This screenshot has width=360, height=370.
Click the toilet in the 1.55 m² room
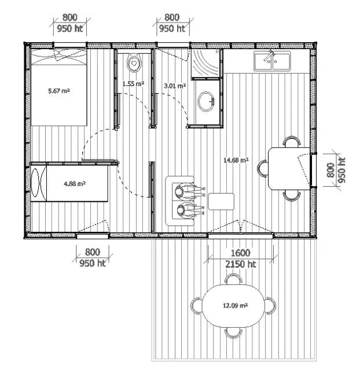pyautogui.click(x=134, y=62)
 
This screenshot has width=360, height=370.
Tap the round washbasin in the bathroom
pyautogui.click(x=205, y=102)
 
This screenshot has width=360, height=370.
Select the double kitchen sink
pyautogui.click(x=272, y=61)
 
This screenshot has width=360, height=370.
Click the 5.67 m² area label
pyautogui.click(x=59, y=91)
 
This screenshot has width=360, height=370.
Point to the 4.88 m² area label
pyautogui.click(x=75, y=183)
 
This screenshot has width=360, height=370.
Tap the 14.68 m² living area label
pyautogui.click(x=236, y=160)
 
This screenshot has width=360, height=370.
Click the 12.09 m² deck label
pyautogui.click(x=236, y=306)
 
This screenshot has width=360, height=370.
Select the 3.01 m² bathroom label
pyautogui.click(x=175, y=86)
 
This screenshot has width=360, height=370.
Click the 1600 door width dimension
pyautogui.click(x=240, y=253)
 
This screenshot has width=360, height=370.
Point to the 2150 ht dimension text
pyautogui.click(x=240, y=264)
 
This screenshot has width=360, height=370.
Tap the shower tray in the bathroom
pyautogui.click(x=205, y=64)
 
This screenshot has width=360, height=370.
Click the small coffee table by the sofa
pyautogui.click(x=221, y=202)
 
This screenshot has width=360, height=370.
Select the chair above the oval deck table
pyautogui.click(x=233, y=279)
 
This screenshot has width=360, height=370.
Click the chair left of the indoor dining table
pyautogui.click(x=263, y=168)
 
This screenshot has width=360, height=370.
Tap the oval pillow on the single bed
pyautogui.click(x=35, y=182)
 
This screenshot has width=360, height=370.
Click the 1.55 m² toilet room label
pyautogui.click(x=133, y=83)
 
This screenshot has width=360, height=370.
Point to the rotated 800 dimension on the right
pyautogui.click(x=330, y=170)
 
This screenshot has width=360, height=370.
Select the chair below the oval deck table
pyautogui.click(x=233, y=333)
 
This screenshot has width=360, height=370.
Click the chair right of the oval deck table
pyautogui.click(x=270, y=306)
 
